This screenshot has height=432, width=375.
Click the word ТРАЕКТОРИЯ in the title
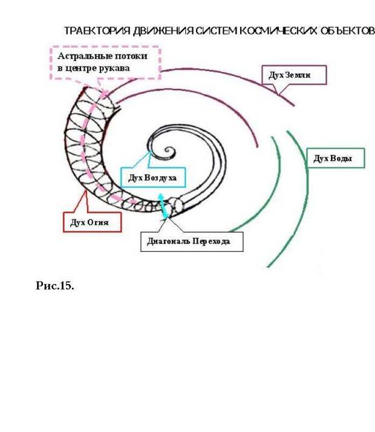[x=97, y=31]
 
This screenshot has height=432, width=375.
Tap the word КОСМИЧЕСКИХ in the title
[x=278, y=31]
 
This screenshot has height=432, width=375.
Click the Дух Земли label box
[x=294, y=75]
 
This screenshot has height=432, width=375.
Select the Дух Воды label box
[x=336, y=158]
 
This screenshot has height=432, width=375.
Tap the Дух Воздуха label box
[x=153, y=177]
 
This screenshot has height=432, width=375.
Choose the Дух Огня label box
[x=92, y=222]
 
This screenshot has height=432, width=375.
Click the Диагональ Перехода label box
[x=192, y=242]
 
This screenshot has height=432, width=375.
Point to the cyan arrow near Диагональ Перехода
[x=163, y=206]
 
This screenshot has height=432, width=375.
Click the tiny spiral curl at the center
[x=169, y=151]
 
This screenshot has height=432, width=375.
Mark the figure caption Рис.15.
[x=55, y=286]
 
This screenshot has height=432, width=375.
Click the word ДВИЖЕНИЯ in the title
[x=163, y=31]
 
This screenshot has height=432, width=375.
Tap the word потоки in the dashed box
[x=131, y=56]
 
